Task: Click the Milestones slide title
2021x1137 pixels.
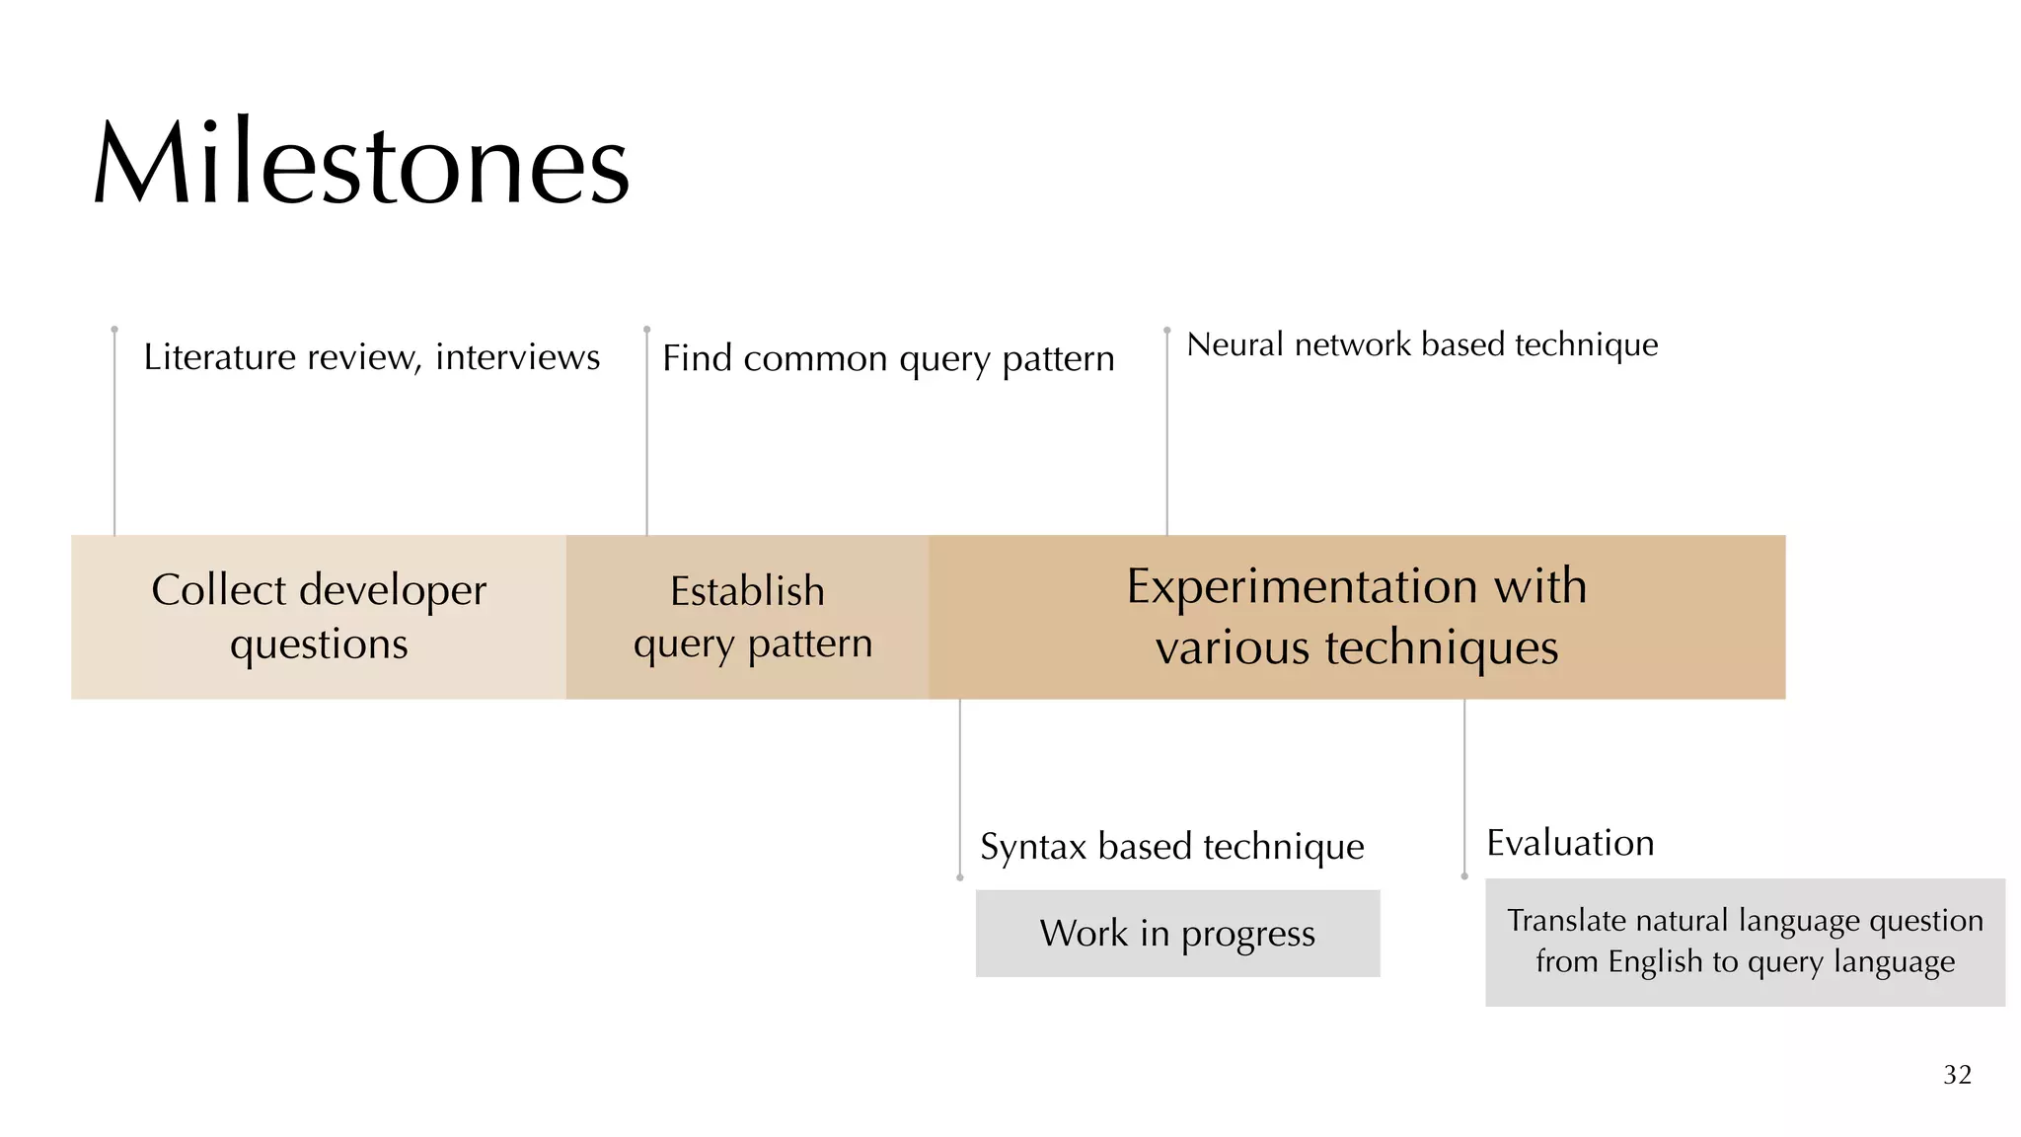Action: click(x=361, y=164)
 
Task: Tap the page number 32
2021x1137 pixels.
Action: click(x=1957, y=1075)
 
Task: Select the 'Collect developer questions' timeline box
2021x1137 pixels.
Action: click(x=319, y=617)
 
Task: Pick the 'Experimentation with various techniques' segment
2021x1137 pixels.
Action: click(x=1357, y=617)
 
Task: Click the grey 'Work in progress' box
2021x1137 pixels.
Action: click(x=1177, y=934)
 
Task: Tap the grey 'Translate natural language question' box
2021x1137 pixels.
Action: click(x=1745, y=942)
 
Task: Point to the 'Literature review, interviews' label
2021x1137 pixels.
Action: click(x=371, y=357)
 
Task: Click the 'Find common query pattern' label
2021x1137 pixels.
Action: click(x=888, y=359)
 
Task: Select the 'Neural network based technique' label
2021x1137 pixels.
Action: click(x=1422, y=344)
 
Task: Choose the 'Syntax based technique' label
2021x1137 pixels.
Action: click(x=1172, y=847)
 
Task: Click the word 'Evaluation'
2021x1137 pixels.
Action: click(x=1570, y=843)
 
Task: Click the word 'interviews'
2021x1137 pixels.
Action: click(x=517, y=357)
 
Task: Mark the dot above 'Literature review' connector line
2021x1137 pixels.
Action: click(x=114, y=329)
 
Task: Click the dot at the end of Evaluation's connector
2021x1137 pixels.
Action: click(x=1464, y=876)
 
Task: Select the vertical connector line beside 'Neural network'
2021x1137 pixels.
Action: click(x=1167, y=434)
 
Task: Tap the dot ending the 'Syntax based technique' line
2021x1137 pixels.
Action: click(x=960, y=877)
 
